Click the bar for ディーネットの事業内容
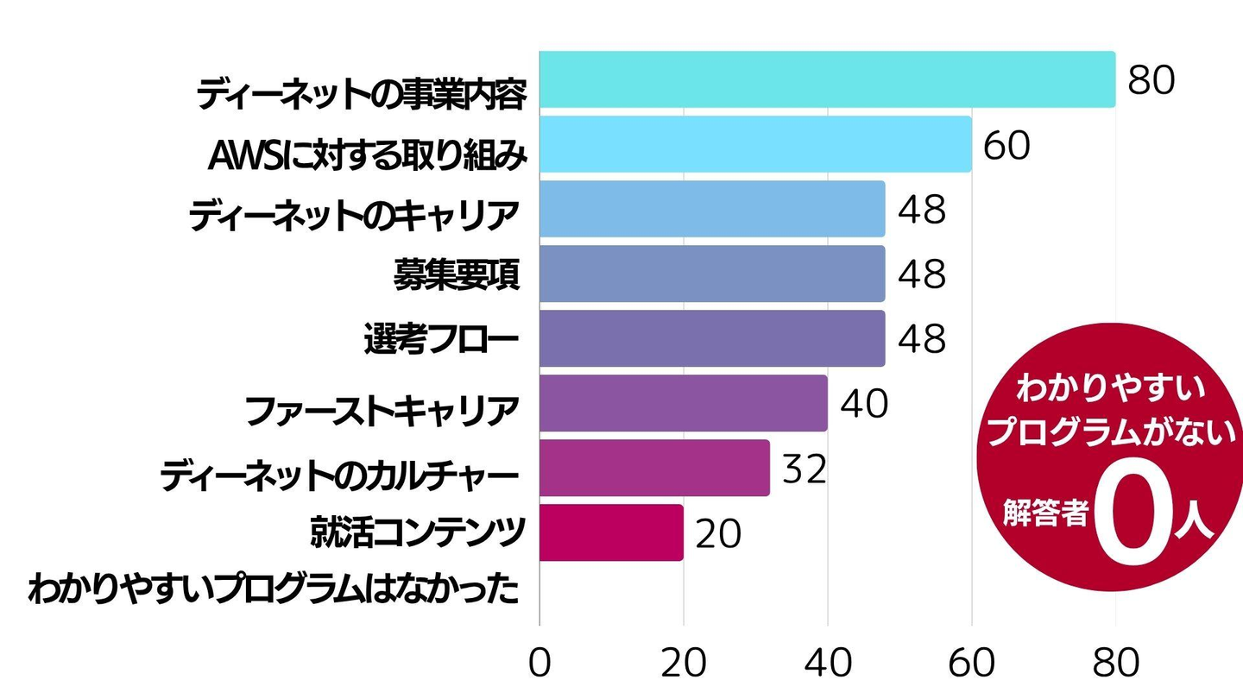[x=827, y=79]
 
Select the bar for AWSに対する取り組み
[x=755, y=144]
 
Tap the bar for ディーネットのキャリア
[x=712, y=209]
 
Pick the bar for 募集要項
[x=712, y=274]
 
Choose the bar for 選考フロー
[x=712, y=338]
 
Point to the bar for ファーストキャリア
[x=683, y=403]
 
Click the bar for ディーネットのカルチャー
[x=654, y=468]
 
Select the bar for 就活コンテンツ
[x=611, y=532]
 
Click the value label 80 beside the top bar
[x=1152, y=80]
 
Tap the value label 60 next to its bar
[x=1006, y=145]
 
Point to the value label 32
[x=804, y=469]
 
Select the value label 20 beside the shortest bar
[x=718, y=533]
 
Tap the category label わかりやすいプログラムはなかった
[x=274, y=591]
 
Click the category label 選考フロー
[x=441, y=340]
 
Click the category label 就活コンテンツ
[x=418, y=532]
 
